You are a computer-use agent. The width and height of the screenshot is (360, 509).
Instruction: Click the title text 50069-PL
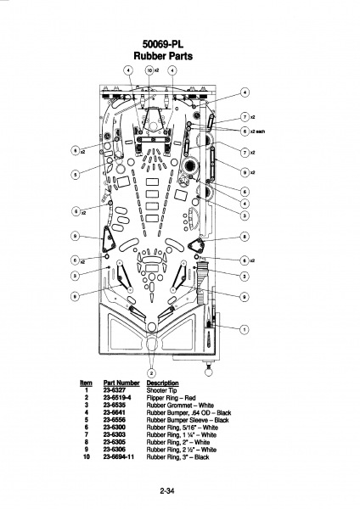click(163, 44)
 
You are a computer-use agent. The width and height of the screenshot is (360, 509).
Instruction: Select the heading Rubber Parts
click(163, 56)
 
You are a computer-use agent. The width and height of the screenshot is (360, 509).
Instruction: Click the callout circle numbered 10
click(149, 70)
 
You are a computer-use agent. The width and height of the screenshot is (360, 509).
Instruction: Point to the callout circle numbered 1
click(245, 329)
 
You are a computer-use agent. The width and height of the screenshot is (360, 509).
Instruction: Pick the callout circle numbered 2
click(152, 373)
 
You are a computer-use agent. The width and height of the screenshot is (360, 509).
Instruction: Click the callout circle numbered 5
click(75, 174)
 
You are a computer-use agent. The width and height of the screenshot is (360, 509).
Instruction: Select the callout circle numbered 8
click(245, 237)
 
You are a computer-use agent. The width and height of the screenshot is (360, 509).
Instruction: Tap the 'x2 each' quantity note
click(257, 131)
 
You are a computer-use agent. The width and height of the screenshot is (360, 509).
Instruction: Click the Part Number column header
click(121, 383)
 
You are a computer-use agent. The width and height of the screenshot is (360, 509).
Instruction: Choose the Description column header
click(162, 383)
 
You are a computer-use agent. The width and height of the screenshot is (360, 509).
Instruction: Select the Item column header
click(86, 383)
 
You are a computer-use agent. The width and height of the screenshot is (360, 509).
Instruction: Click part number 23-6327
click(115, 390)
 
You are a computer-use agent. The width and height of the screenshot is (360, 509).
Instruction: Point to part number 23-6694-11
click(119, 456)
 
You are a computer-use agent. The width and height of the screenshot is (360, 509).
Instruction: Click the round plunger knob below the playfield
click(208, 371)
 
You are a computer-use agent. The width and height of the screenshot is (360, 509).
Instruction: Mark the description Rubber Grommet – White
click(180, 406)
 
